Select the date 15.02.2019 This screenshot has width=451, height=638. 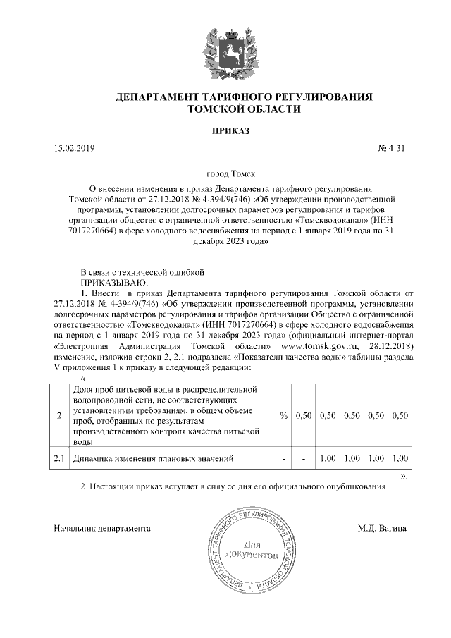[x=73, y=149]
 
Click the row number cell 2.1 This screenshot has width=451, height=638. [x=59, y=459]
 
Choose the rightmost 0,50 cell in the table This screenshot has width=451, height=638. [x=399, y=416]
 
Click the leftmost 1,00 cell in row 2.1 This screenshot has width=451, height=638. [x=327, y=459]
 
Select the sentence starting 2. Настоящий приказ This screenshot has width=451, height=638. [x=234, y=487]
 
